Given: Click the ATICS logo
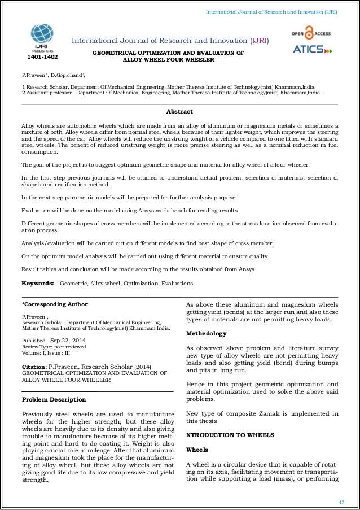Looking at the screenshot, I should pyautogui.click(x=313, y=49).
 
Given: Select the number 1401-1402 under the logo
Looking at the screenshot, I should pyautogui.click(x=42, y=57).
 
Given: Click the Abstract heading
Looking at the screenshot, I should pyautogui.click(x=180, y=111).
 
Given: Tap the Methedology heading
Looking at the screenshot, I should pyautogui.click(x=207, y=333).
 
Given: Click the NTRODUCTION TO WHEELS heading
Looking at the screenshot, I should pyautogui.click(x=230, y=435).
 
